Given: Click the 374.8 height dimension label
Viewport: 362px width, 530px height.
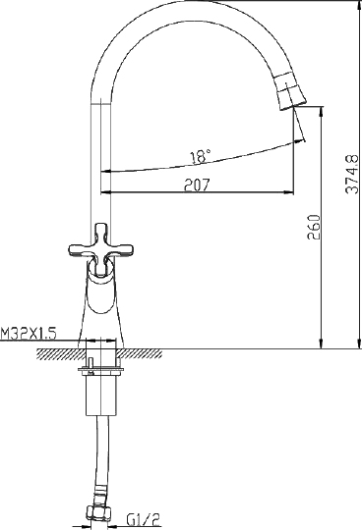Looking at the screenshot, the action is click(352, 175).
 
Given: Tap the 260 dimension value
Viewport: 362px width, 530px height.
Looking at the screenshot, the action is click(314, 227).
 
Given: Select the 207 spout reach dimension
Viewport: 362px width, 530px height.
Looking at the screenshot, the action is click(197, 185).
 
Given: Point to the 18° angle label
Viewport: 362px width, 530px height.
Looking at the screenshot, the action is click(200, 157).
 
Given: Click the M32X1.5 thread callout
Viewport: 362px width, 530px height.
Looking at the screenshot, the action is click(29, 334).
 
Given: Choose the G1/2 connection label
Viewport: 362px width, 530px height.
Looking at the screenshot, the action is click(144, 520).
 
